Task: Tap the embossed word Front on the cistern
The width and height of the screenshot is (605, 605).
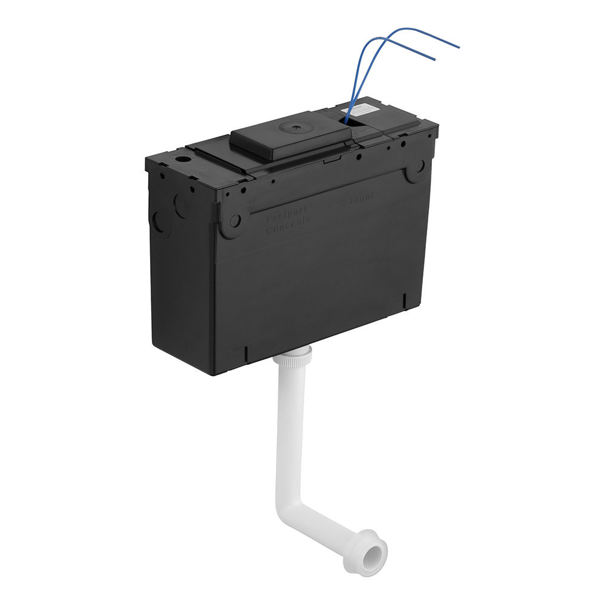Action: click(359, 197)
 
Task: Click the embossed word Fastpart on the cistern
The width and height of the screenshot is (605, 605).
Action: click(287, 211)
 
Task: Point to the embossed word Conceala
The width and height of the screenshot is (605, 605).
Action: click(288, 221)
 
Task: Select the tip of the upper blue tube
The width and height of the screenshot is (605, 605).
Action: click(459, 47)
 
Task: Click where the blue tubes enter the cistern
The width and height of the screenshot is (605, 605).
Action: click(349, 121)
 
